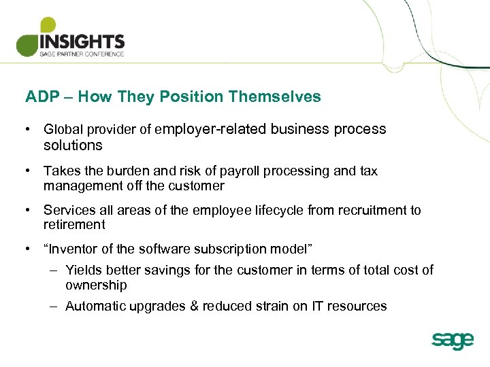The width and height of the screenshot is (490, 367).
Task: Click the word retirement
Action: tap(74, 224)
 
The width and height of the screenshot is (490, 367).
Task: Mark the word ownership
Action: tap(96, 285)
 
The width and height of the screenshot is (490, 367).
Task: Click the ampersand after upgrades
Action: tap(195, 306)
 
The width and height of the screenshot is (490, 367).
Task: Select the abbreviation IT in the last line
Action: tap(318, 306)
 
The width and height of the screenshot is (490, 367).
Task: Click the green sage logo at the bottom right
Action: tap(452, 340)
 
